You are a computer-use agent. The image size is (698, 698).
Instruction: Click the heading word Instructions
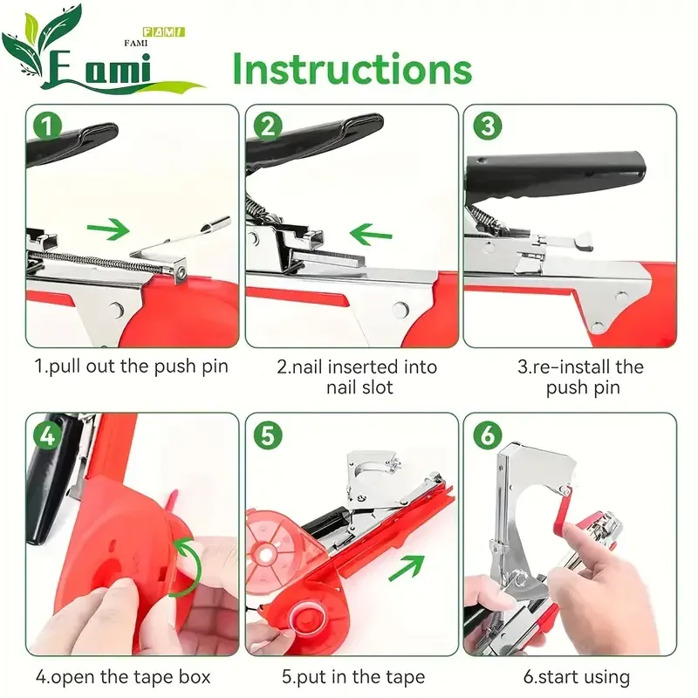point(352,69)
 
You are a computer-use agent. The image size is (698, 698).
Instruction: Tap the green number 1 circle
point(48,126)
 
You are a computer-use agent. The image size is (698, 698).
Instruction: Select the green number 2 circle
point(268,126)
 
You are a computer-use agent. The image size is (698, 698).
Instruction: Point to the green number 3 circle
point(488,126)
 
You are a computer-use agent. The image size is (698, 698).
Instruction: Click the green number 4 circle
point(48,435)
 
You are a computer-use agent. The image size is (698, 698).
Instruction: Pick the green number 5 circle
point(268,435)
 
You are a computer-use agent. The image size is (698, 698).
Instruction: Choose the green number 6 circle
point(488,435)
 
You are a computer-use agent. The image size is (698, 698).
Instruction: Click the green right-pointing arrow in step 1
point(108,229)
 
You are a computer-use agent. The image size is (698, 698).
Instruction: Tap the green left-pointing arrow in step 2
point(371,235)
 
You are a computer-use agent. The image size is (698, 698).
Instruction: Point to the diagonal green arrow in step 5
point(407,568)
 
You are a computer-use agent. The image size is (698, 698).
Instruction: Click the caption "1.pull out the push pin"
point(132,366)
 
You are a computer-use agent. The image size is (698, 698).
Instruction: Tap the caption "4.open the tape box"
point(123,677)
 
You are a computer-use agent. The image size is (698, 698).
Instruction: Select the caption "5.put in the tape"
point(353,677)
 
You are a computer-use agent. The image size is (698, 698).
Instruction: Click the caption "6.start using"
point(577,677)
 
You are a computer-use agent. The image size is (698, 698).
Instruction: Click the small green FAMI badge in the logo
point(163,32)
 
